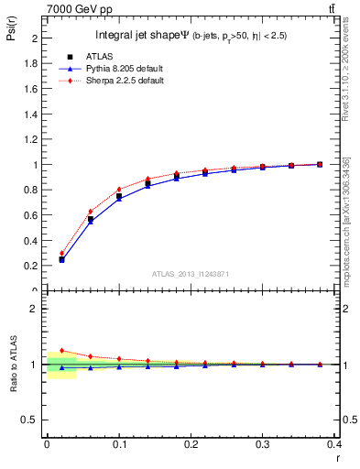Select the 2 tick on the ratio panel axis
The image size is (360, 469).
[35, 309]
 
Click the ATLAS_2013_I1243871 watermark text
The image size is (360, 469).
[191, 274]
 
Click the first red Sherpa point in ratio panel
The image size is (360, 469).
[61, 350]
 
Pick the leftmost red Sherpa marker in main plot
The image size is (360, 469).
[61, 253]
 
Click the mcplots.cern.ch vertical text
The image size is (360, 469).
[346, 220]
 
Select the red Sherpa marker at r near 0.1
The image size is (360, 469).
[119, 190]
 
